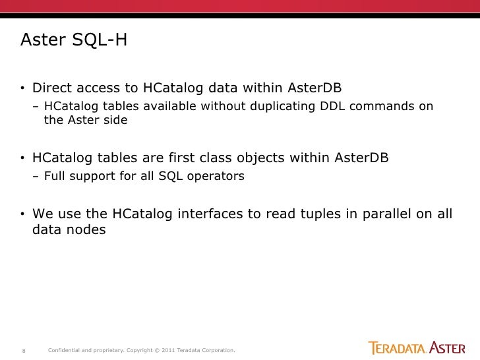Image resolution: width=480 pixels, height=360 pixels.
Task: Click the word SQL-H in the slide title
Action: (96, 41)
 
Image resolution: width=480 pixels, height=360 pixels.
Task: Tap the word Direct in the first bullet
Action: (54, 88)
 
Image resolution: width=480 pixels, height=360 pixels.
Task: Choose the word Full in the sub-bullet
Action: (55, 177)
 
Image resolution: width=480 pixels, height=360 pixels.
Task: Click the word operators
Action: (218, 177)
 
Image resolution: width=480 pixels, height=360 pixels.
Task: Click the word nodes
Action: (87, 231)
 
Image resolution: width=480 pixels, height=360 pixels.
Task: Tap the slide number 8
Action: (24, 349)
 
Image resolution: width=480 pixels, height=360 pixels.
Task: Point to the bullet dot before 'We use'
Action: (22, 215)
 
